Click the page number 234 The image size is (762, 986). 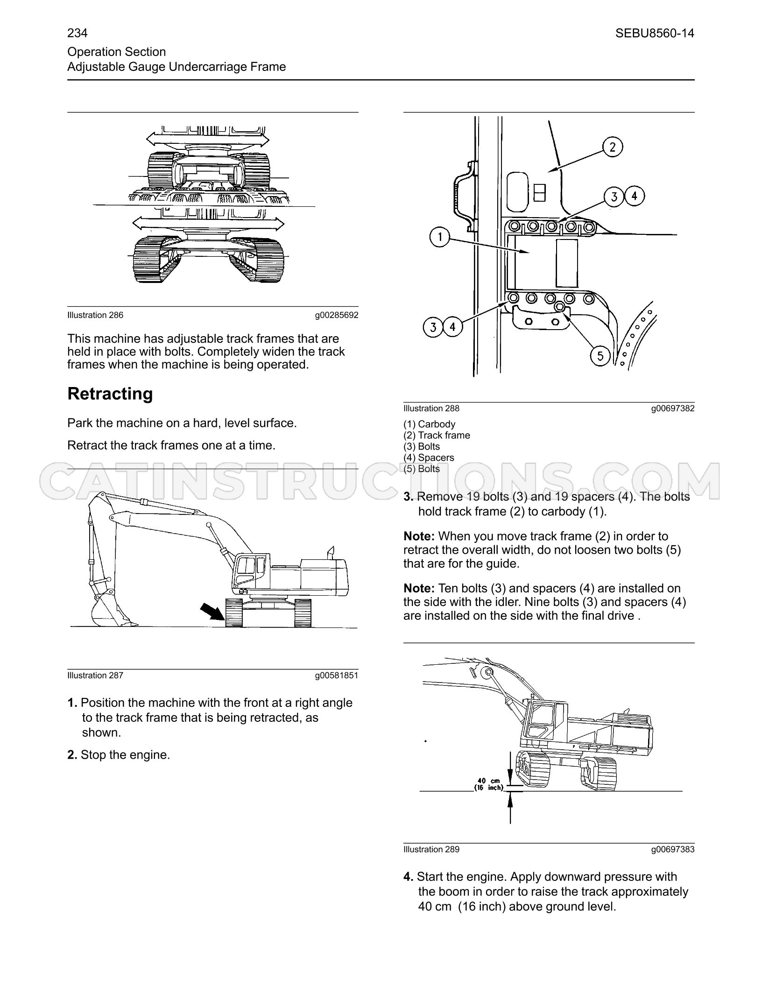coord(78,33)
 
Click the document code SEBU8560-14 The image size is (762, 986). coord(655,33)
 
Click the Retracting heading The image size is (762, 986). coord(110,394)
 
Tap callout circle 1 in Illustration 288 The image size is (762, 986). coord(440,238)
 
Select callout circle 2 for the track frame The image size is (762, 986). coord(612,147)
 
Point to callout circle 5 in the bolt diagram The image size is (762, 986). coord(600,356)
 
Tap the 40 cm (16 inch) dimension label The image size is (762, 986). coord(488,784)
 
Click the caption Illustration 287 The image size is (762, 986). coord(95,675)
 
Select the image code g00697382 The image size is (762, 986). coord(673,408)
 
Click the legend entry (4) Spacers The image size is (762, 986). coord(429,458)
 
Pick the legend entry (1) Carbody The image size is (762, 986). coord(429,424)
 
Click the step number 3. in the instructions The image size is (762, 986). coord(409,496)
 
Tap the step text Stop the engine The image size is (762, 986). coord(125,755)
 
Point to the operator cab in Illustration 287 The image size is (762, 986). coord(251,573)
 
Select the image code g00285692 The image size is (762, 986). coord(337,315)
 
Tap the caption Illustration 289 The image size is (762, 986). coord(431,849)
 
